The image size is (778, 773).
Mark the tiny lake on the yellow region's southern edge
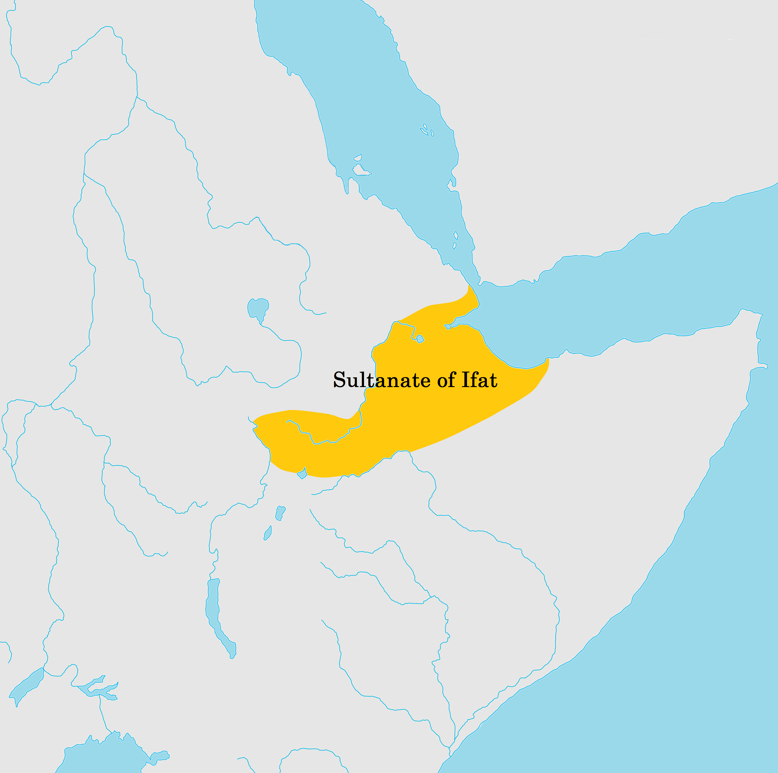[x=302, y=474]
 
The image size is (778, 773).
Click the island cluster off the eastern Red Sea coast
[x=426, y=130]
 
